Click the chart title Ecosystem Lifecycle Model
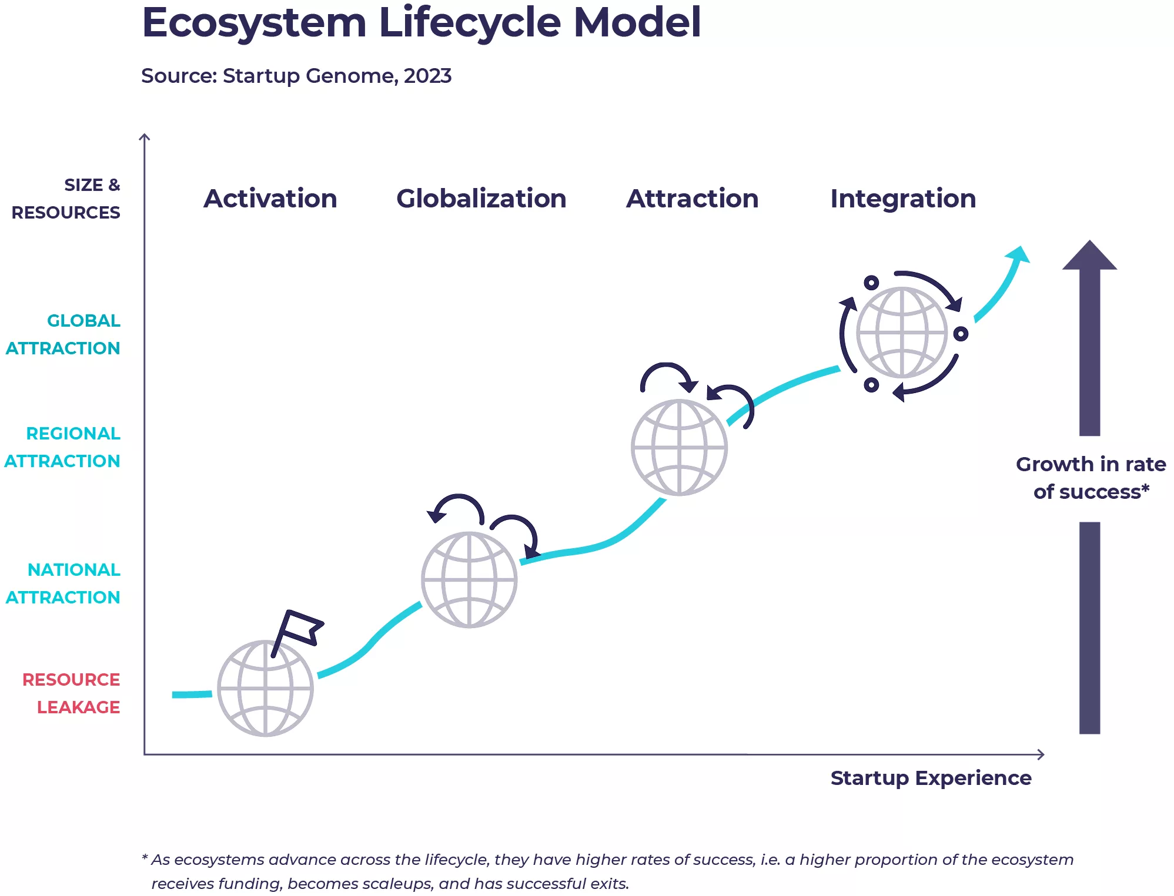421,24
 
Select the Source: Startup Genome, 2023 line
296,76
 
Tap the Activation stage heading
270,199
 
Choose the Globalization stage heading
481,199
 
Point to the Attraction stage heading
692,199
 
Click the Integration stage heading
903,199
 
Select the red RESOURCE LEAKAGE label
71,693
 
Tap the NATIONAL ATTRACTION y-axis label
63,583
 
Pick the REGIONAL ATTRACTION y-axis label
62,447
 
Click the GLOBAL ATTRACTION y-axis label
63,334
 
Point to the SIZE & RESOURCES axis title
66,199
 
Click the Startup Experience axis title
931,778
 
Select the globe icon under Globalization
469,580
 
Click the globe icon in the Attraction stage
679,448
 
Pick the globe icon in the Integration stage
902,333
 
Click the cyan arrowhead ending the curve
1019,255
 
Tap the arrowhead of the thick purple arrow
1089,255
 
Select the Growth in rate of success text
1091,478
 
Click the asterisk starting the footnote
145,858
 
